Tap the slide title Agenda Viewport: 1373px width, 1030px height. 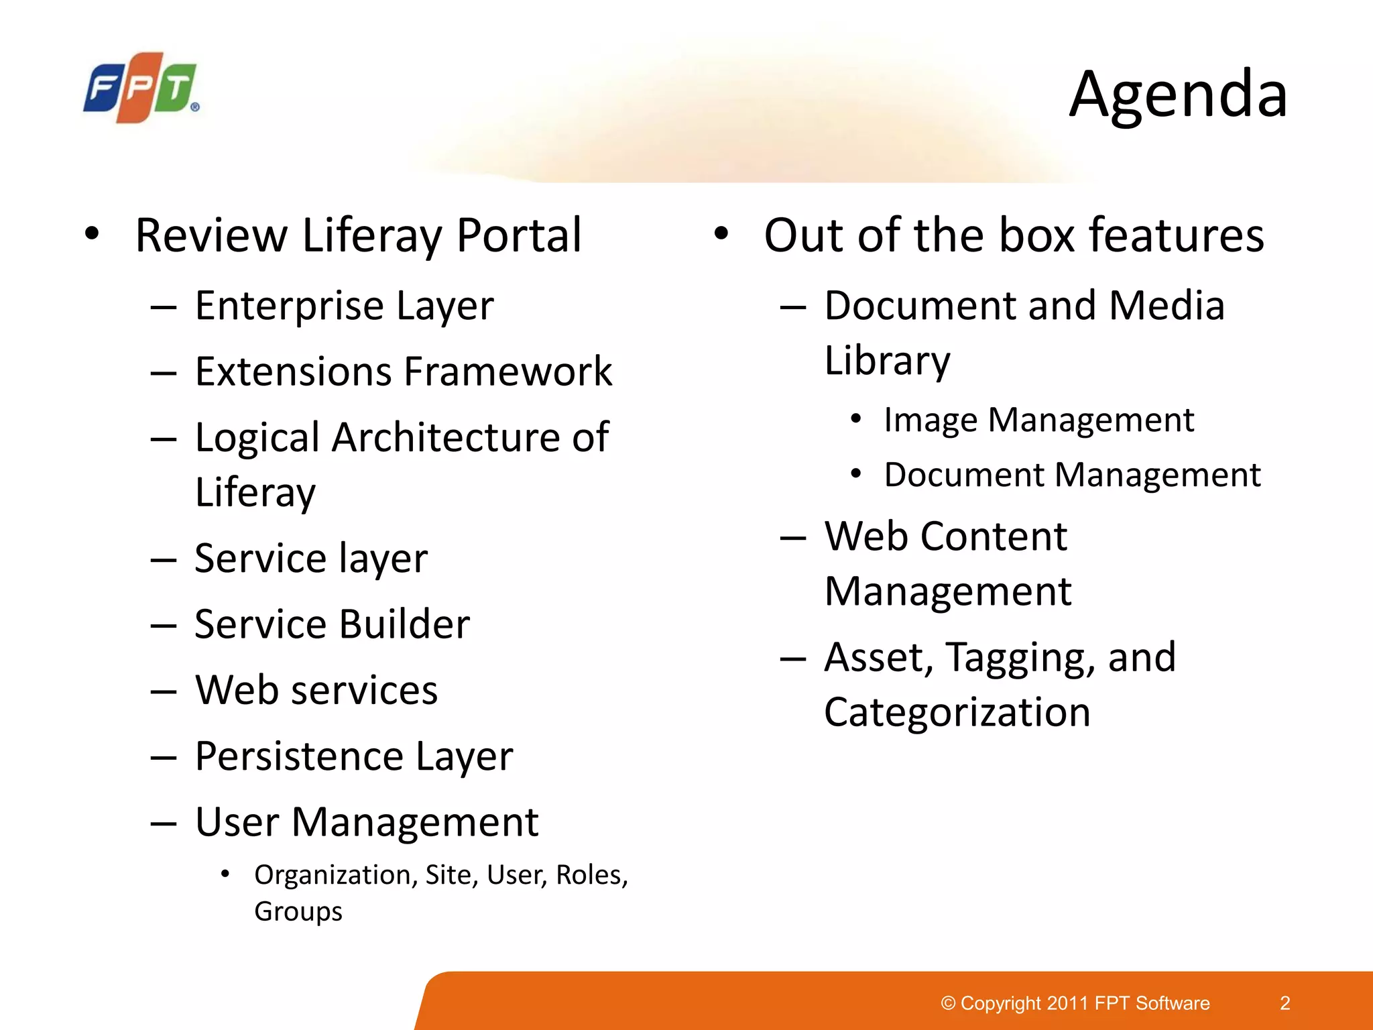tap(1178, 95)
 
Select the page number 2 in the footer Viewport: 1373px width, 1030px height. tap(1285, 1003)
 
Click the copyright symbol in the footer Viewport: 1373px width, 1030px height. tap(948, 1003)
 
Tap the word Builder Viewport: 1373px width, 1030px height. tap(405, 624)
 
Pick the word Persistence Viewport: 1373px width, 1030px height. tap(299, 756)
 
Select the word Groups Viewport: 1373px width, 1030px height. tap(298, 912)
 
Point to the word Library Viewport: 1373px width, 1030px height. tap(887, 361)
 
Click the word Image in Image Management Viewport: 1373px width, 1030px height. tap(931, 420)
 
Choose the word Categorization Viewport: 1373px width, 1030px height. tap(957, 712)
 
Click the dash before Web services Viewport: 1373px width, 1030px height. tap(164, 691)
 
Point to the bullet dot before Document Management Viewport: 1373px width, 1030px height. tap(855, 474)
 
